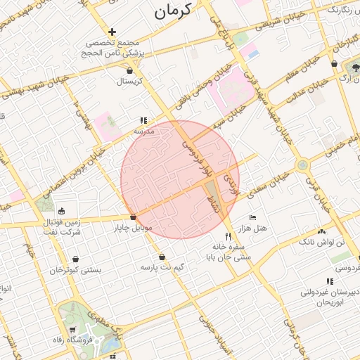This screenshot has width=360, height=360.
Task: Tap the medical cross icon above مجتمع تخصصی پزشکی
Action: (x=112, y=32)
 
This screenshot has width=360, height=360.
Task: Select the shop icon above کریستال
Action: (x=129, y=70)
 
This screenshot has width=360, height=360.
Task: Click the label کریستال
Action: (x=129, y=82)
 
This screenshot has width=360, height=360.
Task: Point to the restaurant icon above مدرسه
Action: (x=143, y=120)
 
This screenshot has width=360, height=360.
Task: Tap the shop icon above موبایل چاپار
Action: (x=133, y=217)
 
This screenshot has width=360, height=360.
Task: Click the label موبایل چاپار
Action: (x=133, y=228)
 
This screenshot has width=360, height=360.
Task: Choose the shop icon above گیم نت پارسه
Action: (x=162, y=257)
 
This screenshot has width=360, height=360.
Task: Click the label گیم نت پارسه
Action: (x=163, y=268)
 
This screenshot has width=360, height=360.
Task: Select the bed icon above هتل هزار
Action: (x=253, y=218)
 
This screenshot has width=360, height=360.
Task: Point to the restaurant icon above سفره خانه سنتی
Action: (x=227, y=236)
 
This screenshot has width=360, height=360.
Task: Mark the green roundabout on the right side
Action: (x=302, y=165)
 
